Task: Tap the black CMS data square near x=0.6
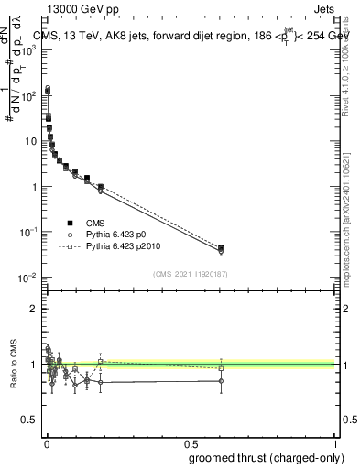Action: pos(220,247)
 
